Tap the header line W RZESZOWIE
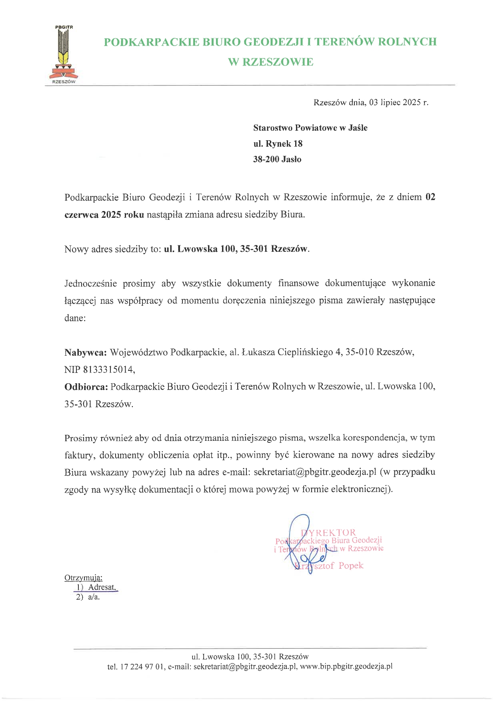[x=270, y=62]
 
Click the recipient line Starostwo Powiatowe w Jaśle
[x=310, y=128]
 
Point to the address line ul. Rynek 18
[x=278, y=144]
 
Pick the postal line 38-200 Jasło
[x=277, y=159]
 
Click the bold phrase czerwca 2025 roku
[x=104, y=215]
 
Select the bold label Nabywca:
[x=86, y=352]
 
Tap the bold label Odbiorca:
[x=86, y=387]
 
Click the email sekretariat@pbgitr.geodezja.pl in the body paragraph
[x=315, y=472]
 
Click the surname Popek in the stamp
[x=351, y=566]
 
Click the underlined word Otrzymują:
[x=83, y=578]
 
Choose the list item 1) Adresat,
[x=96, y=587]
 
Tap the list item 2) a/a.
[x=88, y=597]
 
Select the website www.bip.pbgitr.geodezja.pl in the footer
[x=346, y=667]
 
